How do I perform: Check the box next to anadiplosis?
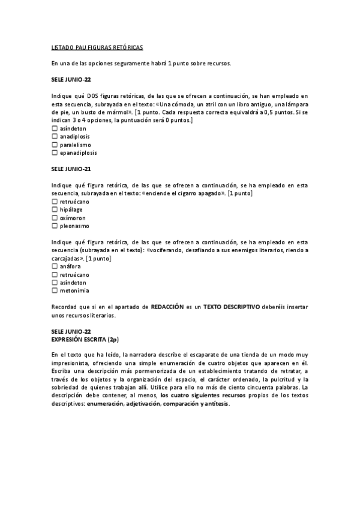55,136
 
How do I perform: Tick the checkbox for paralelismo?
55,145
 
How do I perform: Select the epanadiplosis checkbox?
55,152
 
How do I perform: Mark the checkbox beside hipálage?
55,210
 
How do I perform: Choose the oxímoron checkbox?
55,218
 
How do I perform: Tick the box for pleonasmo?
55,226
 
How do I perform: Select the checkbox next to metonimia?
55,291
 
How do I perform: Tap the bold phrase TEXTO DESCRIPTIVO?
232,307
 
